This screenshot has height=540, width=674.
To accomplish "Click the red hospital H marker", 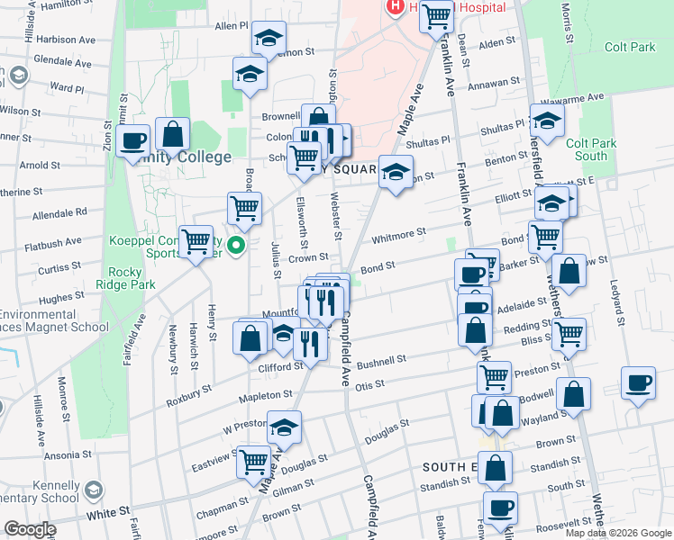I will pos(395,7).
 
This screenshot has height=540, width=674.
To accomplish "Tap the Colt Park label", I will pos(630,47).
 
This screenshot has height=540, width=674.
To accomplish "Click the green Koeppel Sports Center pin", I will pos(237,245).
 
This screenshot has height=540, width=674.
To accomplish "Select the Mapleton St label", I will pos(265,395).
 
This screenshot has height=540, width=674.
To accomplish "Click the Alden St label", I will pos(496,42).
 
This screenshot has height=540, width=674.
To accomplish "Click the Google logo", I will pos(30,529).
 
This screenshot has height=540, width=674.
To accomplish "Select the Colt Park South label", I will pos(591,149).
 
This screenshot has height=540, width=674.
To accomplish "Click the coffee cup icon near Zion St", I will pos(132,139).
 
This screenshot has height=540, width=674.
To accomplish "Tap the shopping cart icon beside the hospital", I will pos(436,15).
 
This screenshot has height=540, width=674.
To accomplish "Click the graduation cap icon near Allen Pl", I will pos(268,38).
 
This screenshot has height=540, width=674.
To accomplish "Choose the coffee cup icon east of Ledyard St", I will pos(638,382).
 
